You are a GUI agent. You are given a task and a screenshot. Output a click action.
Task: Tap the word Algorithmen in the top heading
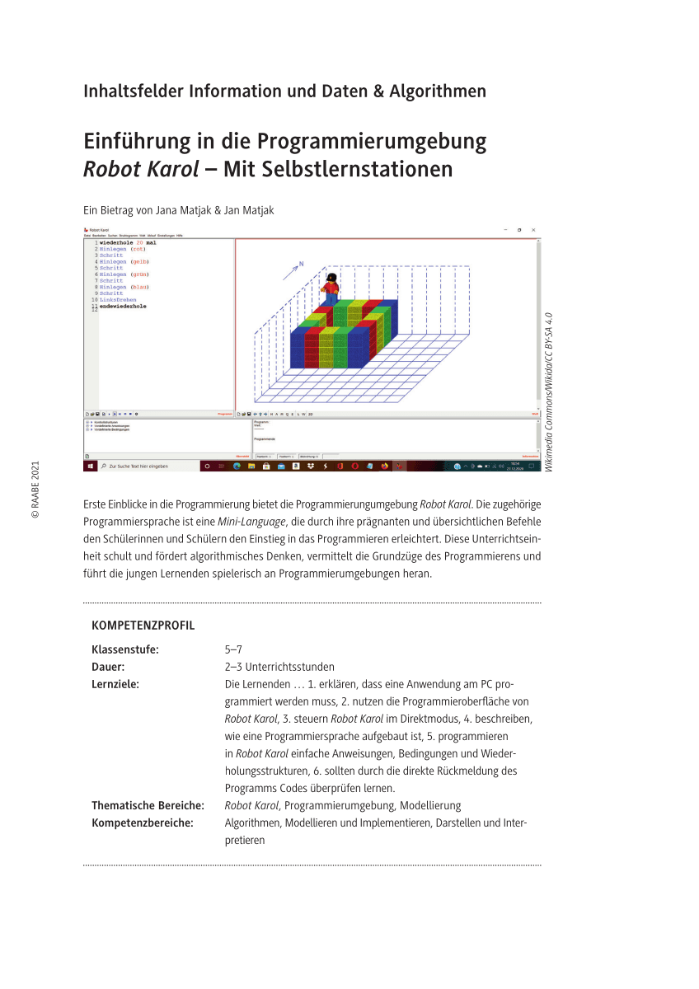440,91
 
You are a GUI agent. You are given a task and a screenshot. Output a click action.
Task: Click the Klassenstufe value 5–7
233,649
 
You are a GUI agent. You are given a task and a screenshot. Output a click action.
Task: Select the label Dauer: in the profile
108,667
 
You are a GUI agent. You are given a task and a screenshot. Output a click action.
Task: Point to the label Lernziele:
115,684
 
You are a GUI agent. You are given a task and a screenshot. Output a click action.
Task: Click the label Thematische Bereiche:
148,805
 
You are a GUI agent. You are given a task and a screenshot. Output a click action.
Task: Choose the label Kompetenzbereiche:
143,823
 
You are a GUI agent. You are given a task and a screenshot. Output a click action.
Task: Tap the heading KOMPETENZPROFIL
143,626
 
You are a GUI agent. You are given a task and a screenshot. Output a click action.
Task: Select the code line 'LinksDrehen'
119,299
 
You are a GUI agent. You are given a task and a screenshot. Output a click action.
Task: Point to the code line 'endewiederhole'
123,306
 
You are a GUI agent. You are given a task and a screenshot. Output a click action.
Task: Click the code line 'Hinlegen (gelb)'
124,261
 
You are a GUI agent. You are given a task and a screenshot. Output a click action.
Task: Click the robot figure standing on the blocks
331,287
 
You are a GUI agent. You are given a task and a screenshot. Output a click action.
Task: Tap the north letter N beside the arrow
302,264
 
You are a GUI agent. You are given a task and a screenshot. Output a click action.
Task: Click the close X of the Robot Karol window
534,230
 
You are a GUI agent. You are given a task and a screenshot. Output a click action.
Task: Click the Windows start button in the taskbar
89,466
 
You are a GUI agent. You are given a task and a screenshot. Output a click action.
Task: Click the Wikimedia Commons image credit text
548,391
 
